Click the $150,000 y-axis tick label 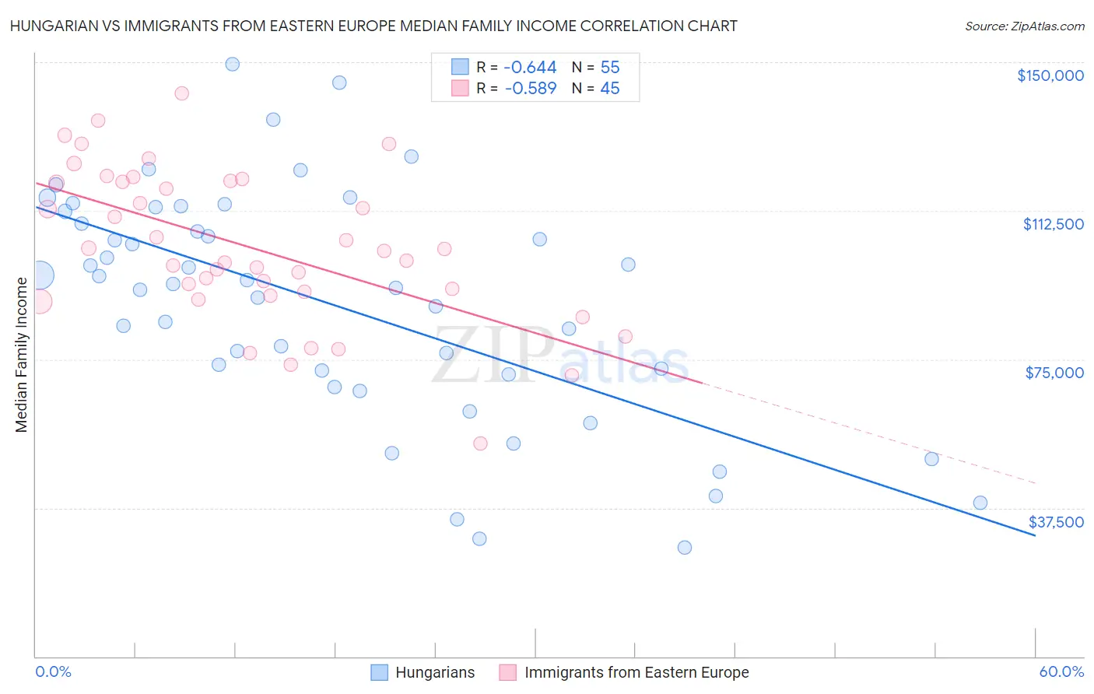1050,75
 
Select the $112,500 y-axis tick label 1053,224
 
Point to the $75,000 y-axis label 1054,373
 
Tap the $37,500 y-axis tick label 1056,522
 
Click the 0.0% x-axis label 53,671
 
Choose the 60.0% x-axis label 1061,671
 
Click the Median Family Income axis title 21,355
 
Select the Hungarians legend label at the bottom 434,672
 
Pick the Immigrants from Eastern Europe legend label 636,672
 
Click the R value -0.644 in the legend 530,68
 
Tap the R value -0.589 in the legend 530,89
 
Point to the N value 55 610,68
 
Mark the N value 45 610,89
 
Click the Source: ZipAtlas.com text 1024,26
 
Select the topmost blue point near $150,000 232,64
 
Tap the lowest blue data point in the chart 685,548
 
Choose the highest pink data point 181,93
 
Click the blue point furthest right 980,503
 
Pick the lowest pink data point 480,443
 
